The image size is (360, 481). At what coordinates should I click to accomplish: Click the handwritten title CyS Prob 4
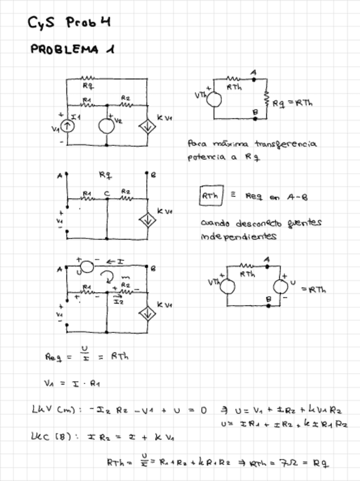click(69, 23)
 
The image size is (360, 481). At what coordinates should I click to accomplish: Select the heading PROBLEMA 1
click(72, 50)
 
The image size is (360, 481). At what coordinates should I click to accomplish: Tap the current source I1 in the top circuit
click(67, 125)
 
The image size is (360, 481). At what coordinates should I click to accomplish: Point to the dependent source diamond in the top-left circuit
click(147, 126)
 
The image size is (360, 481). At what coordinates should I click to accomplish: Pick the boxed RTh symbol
click(211, 196)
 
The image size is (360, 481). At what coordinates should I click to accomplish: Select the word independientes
click(238, 237)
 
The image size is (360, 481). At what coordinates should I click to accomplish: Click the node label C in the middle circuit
click(107, 193)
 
